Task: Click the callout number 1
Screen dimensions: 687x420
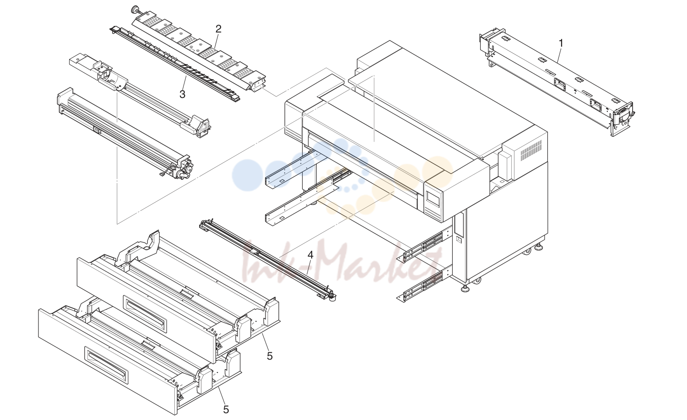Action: [561, 43]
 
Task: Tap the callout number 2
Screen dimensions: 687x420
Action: [218, 29]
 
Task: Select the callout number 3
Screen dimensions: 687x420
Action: [183, 94]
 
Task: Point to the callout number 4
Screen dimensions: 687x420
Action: [310, 255]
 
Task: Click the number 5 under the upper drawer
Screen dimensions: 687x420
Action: [270, 356]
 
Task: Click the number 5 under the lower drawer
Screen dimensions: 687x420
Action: [226, 409]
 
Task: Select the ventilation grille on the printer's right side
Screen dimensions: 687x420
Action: [531, 151]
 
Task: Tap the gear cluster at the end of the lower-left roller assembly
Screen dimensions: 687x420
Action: [186, 169]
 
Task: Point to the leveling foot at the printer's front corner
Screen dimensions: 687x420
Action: [465, 288]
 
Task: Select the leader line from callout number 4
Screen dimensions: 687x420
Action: [308, 267]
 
